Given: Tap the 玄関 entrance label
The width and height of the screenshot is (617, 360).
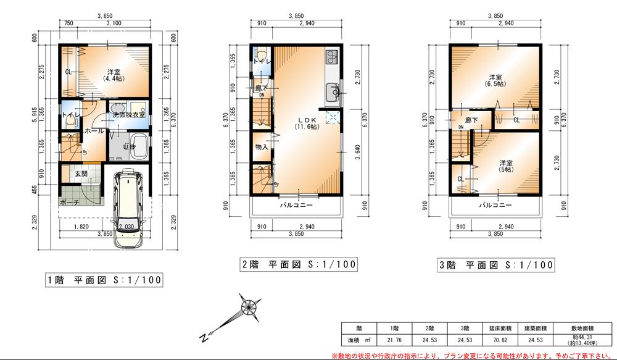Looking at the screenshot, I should point(81,174).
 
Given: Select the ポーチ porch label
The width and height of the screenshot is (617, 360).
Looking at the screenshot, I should point(70,202).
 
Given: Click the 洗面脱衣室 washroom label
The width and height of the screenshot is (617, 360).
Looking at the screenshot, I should point(128,115).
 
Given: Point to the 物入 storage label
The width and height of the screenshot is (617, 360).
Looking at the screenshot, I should point(262,147).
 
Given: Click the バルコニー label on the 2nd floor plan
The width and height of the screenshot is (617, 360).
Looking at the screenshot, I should point(297,204).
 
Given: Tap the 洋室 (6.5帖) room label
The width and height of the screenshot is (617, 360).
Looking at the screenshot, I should point(495,80).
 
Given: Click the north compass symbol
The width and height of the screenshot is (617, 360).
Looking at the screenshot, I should point(248,307).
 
